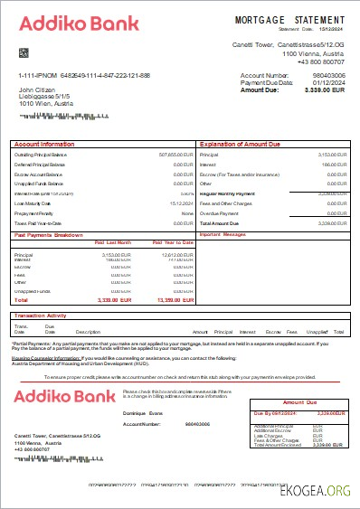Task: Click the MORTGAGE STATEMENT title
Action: (x=289, y=19)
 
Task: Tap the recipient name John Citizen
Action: (x=37, y=90)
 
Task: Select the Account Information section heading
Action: (x=45, y=144)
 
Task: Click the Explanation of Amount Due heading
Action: (x=240, y=144)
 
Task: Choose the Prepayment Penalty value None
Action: (x=187, y=212)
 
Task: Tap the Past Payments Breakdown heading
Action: (x=50, y=234)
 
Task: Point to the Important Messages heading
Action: (x=248, y=234)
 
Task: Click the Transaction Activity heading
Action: (x=42, y=316)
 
